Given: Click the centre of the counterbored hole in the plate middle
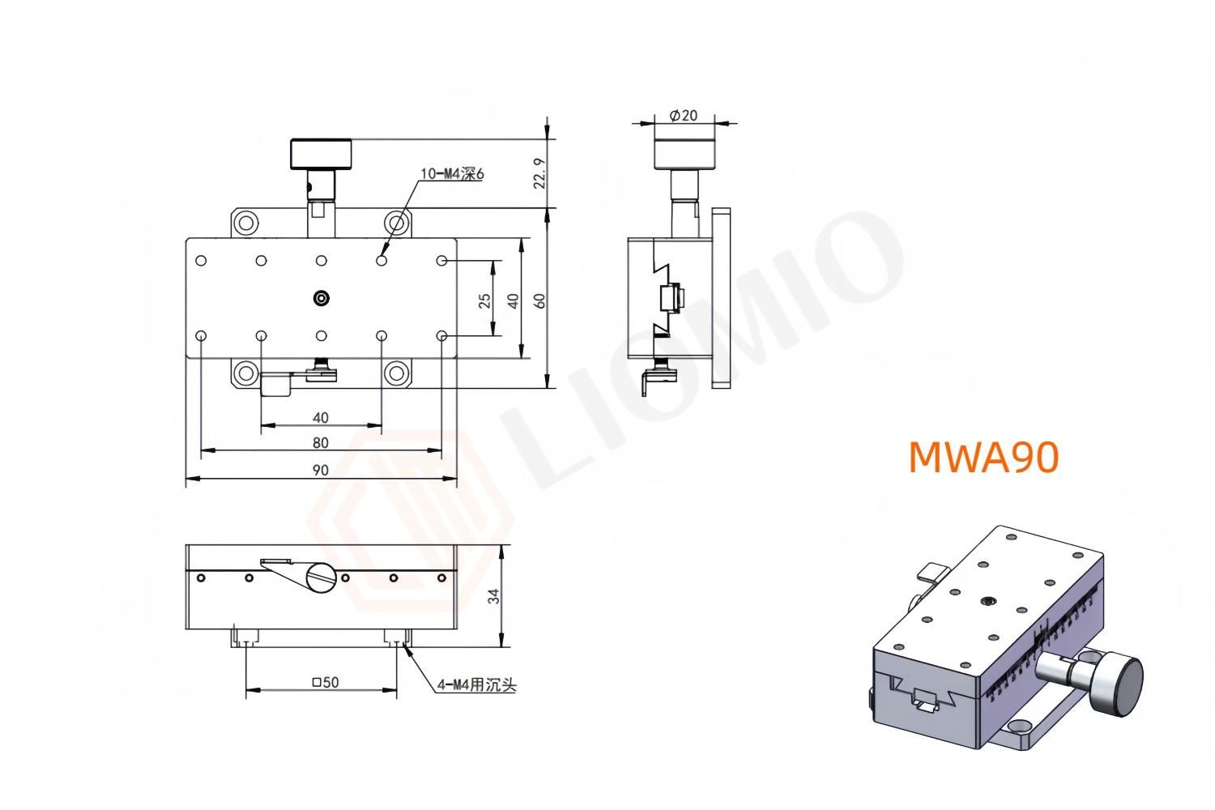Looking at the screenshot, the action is pyautogui.click(x=322, y=298).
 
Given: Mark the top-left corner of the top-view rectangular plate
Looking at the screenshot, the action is pyautogui.click(x=186, y=238).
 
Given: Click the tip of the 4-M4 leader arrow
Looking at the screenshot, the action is pyautogui.click(x=403, y=645).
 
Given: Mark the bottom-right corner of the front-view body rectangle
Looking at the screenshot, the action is pyautogui.click(x=457, y=629).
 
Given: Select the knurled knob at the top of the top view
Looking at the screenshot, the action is pyautogui.click(x=321, y=154).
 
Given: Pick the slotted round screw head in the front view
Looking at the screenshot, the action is pyautogui.click(x=321, y=578).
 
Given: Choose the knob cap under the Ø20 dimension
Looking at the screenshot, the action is pyautogui.click(x=685, y=154).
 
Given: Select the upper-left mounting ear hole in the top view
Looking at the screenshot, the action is pyautogui.click(x=245, y=223).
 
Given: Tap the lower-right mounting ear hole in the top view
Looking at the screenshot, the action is pyautogui.click(x=397, y=373).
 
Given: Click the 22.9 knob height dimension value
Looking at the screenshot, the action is pyautogui.click(x=539, y=173).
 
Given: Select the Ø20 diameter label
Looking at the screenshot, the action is pyautogui.click(x=684, y=115).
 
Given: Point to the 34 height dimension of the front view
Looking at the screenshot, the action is pyautogui.click(x=493, y=596).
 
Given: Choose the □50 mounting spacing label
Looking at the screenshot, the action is pyautogui.click(x=326, y=682).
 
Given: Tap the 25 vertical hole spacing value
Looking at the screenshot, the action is pyautogui.click(x=484, y=300).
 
